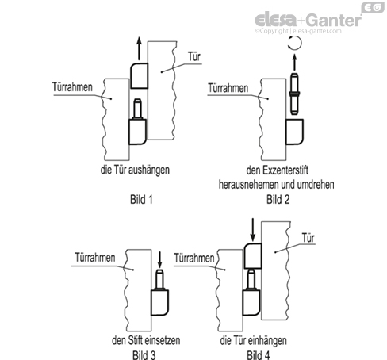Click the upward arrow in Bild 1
tap(140, 48)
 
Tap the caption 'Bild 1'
tap(141, 199)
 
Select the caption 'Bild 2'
tap(278, 199)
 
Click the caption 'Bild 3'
tap(144, 355)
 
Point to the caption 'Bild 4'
tap(259, 355)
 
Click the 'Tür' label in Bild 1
tap(194, 56)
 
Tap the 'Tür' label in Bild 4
tap(308, 238)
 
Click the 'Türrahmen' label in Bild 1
tap(72, 87)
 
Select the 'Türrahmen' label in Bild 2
tap(228, 88)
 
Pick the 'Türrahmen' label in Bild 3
tap(95, 258)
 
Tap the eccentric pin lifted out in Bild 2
tap(294, 94)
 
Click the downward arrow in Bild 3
tap(159, 259)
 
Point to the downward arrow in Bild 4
tap(253, 230)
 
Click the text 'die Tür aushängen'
tap(135, 170)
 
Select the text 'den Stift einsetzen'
tap(146, 340)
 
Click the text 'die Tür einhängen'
tap(253, 340)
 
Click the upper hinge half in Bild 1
tap(140, 75)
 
